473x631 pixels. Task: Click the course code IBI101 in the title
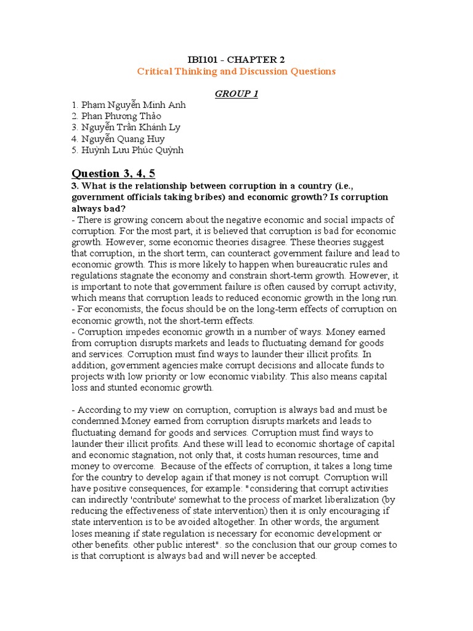203,59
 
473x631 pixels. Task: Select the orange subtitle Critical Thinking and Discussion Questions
236,71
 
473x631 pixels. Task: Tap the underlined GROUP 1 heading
236,93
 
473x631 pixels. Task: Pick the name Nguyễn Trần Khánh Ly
127,127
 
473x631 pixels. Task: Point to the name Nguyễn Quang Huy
118,139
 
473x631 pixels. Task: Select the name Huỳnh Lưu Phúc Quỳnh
127,150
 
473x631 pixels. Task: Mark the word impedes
135,332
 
